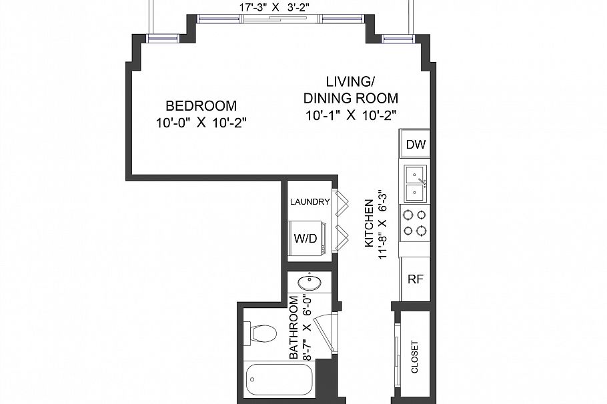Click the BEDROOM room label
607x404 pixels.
click(x=201, y=105)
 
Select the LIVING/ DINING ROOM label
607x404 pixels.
click(x=350, y=89)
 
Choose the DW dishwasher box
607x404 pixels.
click(x=416, y=144)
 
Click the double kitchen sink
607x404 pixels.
click(x=415, y=183)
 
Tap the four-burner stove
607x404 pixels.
click(x=415, y=223)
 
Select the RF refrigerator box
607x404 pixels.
click(x=416, y=279)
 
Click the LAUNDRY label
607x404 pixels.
click(x=310, y=202)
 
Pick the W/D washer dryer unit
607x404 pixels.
click(x=307, y=237)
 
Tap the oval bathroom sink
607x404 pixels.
click(x=309, y=283)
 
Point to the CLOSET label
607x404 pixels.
click(x=415, y=357)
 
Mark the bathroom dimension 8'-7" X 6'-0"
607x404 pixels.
click(x=307, y=327)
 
